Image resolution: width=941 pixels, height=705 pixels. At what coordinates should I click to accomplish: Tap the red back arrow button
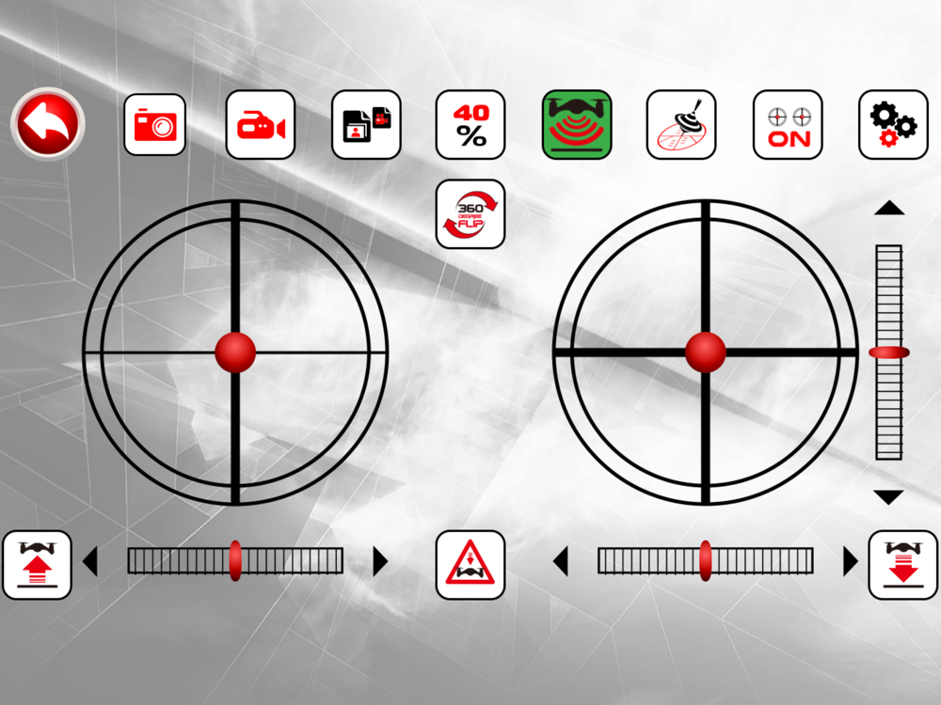48,123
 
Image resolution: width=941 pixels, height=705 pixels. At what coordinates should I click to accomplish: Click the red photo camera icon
155,125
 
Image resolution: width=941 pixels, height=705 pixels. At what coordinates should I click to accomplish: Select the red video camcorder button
261,125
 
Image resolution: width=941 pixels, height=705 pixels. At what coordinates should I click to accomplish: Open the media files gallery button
366,125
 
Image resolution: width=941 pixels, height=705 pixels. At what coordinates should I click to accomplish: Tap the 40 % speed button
470,125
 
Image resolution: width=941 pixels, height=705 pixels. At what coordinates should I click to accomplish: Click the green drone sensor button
577,125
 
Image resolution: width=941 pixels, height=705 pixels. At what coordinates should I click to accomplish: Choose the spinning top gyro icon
681,125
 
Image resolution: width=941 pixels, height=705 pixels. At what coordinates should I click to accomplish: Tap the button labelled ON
788,125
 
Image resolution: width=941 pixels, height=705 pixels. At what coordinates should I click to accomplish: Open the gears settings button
894,125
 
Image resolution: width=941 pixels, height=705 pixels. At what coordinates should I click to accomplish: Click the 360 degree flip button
470,214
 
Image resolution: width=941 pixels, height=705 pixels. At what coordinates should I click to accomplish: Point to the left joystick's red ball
235,352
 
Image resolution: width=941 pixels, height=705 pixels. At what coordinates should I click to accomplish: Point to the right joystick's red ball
706,352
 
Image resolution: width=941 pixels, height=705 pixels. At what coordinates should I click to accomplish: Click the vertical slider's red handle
889,352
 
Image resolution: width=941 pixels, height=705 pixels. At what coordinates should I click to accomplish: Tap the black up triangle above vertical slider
889,208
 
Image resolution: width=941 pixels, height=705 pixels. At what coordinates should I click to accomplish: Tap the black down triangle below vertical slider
889,497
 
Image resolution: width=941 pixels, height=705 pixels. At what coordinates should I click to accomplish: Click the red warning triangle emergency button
470,565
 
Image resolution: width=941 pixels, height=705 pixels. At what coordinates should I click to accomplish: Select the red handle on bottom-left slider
235,561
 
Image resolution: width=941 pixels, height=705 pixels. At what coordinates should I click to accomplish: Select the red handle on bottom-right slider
706,561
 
